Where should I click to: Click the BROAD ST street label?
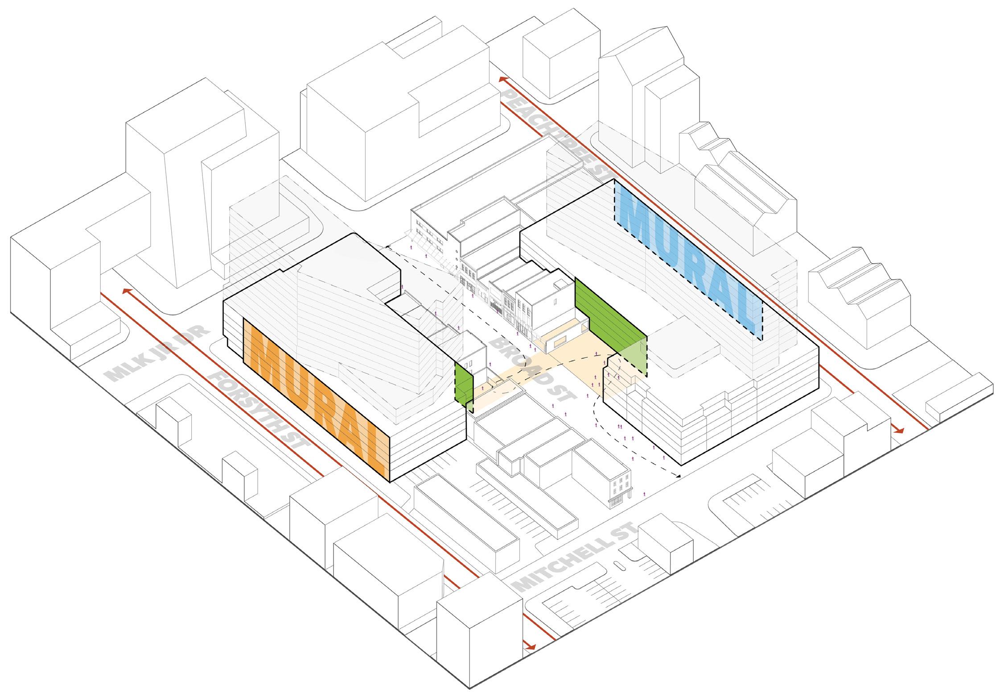(533, 366)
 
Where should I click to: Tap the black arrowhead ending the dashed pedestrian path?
(678, 477)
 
